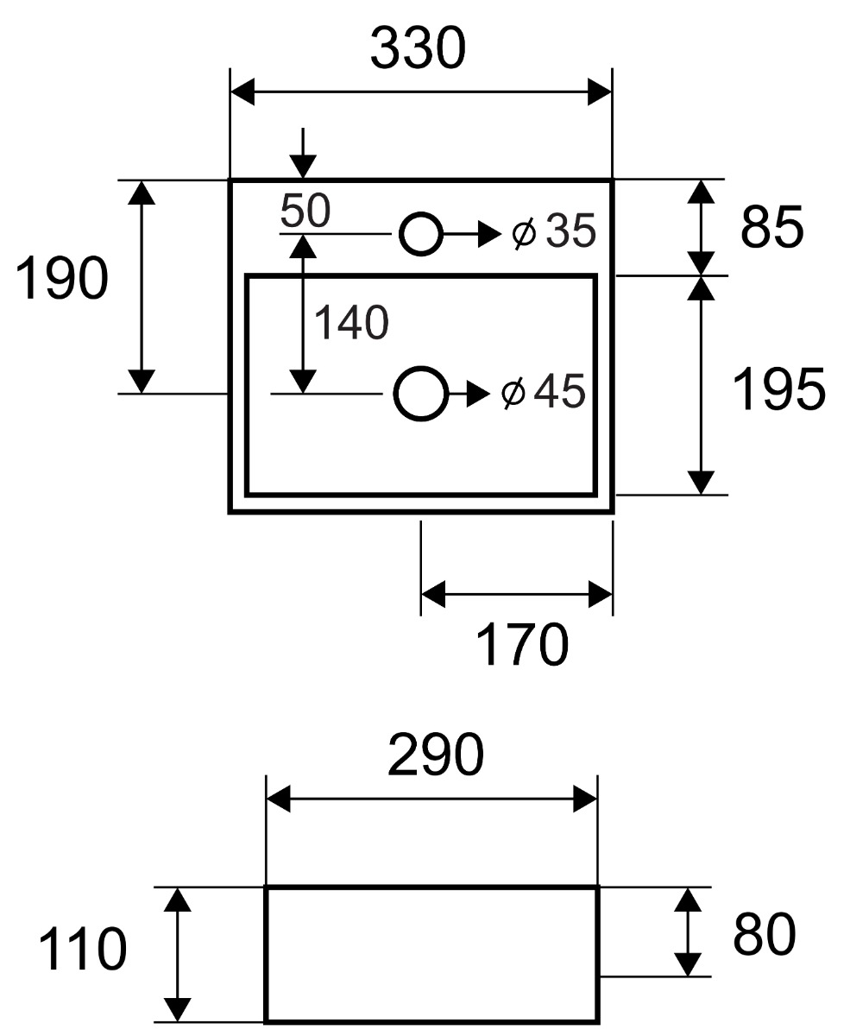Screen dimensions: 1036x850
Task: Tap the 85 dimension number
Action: tap(771, 228)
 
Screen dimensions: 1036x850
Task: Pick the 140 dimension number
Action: tap(351, 324)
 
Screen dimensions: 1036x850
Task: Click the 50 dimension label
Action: tap(304, 210)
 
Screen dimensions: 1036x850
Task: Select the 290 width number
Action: tap(436, 756)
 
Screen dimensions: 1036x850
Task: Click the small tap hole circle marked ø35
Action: tap(420, 233)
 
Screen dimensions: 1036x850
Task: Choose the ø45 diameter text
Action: tap(544, 392)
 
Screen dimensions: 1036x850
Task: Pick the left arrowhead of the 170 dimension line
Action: tap(432, 594)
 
